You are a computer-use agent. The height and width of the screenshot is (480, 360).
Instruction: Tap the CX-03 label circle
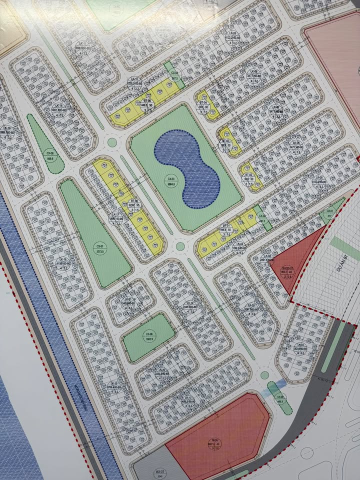point(171,181)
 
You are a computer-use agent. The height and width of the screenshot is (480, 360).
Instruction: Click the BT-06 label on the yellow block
point(133,202)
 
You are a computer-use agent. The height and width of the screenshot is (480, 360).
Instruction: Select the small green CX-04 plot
point(174,76)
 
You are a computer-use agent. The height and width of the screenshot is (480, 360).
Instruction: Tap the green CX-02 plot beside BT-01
point(260,217)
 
